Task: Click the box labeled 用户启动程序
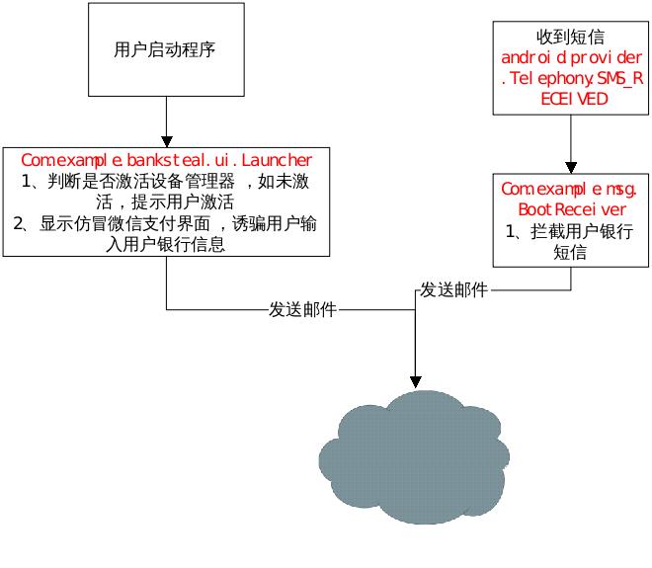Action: coord(166,50)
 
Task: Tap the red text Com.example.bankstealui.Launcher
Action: coord(166,159)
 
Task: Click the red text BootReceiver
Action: coord(571,209)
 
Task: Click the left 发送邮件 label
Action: coord(302,309)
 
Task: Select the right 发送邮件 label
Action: coord(453,289)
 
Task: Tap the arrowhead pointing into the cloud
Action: coord(416,380)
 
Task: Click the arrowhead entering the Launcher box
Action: coord(166,140)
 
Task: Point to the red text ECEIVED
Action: coord(571,99)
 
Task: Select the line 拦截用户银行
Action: coord(571,231)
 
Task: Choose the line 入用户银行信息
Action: coord(166,244)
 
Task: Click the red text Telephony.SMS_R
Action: coord(571,79)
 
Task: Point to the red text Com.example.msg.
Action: coord(571,188)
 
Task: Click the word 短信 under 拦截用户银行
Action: coord(571,252)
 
